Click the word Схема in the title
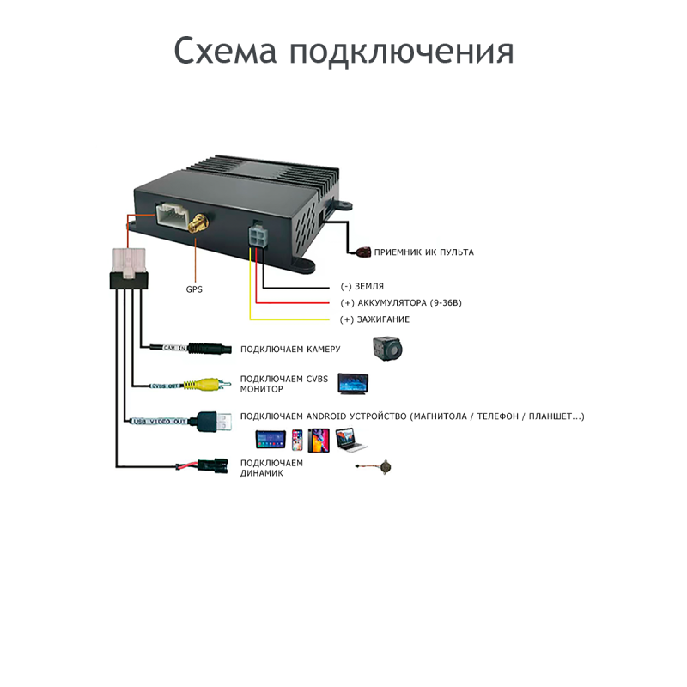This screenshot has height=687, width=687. [x=225, y=51]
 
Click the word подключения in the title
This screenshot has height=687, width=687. [x=401, y=52]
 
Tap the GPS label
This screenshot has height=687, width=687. [x=194, y=289]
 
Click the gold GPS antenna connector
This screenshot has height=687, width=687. [x=198, y=223]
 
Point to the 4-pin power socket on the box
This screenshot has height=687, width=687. [x=258, y=237]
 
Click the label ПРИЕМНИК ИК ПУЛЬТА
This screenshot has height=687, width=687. [x=423, y=252]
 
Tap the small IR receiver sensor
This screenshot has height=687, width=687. [x=363, y=252]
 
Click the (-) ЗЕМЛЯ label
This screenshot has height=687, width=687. [x=362, y=286]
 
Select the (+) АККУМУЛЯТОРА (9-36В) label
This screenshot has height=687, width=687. [x=401, y=303]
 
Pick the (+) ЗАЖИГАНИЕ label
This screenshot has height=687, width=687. [x=374, y=319]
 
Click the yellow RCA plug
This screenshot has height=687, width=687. [x=207, y=385]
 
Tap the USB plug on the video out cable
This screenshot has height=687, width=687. [x=214, y=422]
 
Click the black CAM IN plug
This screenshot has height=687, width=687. [x=210, y=349]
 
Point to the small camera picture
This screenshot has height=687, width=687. [x=388, y=349]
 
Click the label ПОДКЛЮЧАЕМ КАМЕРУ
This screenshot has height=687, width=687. [x=290, y=350]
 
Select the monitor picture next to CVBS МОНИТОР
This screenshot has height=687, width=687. [x=353, y=383]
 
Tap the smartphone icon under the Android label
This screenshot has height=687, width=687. [x=297, y=440]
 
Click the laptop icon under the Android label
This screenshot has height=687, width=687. [x=351, y=440]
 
